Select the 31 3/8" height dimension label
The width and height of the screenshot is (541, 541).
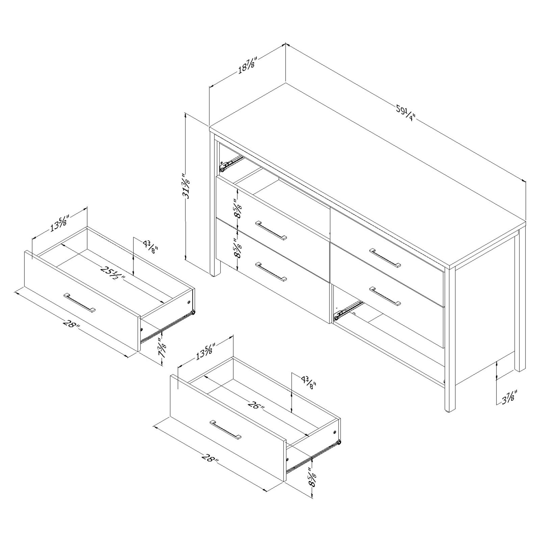click(x=187, y=186)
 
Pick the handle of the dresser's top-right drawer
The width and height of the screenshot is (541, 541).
click(x=385, y=258)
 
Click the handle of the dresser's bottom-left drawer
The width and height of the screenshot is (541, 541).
click(x=271, y=272)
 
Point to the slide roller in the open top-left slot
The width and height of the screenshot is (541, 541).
click(x=223, y=169)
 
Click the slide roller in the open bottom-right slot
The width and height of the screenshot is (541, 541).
click(x=336, y=318)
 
